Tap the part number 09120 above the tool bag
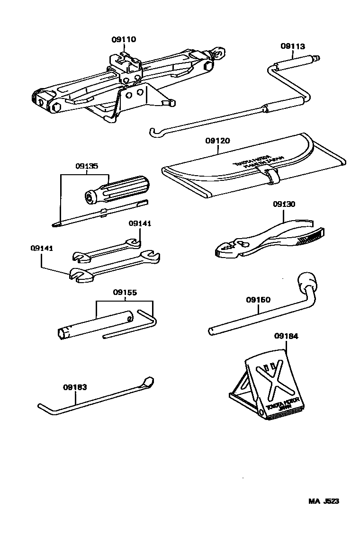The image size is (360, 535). point(217,141)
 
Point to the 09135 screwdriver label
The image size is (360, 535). point(86,166)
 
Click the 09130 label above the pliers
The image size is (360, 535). point(284,205)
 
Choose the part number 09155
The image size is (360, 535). point(125,293)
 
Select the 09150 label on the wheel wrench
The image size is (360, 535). point(258,300)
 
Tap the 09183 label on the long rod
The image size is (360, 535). point(75,387)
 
